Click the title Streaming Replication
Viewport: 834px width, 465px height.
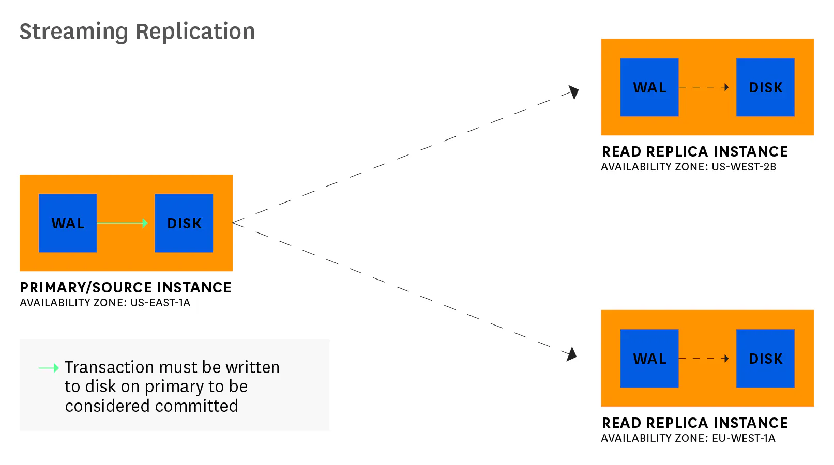(137, 32)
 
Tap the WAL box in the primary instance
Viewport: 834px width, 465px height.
(68, 223)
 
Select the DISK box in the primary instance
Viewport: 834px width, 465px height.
(184, 223)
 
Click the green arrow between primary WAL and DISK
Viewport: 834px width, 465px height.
(123, 223)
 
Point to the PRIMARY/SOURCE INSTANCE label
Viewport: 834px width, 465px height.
(126, 287)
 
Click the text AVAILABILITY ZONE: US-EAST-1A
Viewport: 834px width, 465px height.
(105, 303)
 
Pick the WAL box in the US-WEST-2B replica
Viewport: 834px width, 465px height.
(649, 87)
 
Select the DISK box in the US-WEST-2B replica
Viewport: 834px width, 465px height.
(765, 87)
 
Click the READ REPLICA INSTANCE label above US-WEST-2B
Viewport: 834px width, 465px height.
(694, 151)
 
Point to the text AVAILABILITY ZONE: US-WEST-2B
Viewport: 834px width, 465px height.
(688, 167)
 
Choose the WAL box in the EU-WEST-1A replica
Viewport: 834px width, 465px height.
(649, 359)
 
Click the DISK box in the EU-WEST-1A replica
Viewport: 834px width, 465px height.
(765, 359)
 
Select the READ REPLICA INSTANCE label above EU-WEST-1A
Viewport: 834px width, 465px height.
(694, 423)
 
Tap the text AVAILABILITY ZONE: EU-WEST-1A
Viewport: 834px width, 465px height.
(688, 438)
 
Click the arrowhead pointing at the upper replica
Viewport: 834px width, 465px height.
(573, 92)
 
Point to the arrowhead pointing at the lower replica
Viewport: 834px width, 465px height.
(571, 354)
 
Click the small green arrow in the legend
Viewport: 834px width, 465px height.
(49, 368)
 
